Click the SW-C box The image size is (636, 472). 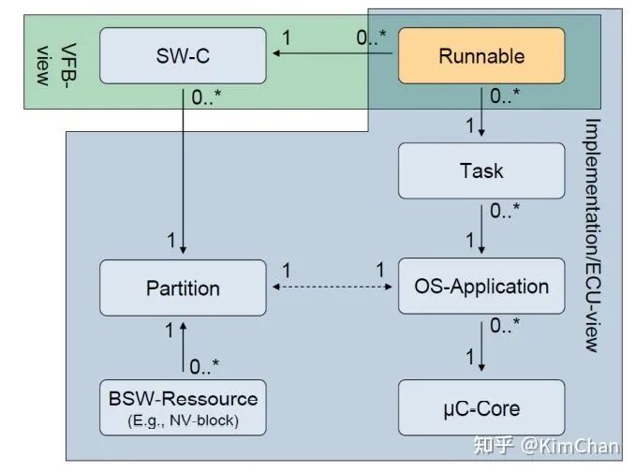[x=183, y=56]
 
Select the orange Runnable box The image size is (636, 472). [x=482, y=56]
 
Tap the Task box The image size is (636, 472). [x=482, y=170]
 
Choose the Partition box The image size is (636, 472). [x=183, y=288]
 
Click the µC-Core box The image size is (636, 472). [x=482, y=408]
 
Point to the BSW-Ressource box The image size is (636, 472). [x=183, y=406]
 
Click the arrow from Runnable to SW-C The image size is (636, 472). [x=333, y=56]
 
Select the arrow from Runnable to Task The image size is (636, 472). [x=482, y=112]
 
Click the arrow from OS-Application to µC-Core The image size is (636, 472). [x=482, y=346]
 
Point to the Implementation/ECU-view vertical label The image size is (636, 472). [x=591, y=234]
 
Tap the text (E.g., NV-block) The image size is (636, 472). [x=183, y=420]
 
